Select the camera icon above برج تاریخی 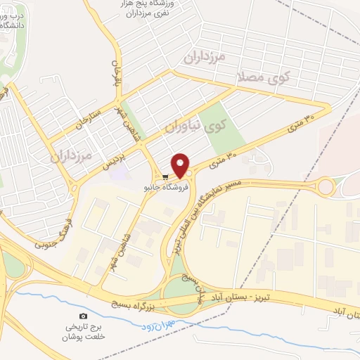pos(84,317)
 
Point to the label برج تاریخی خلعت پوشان pos(84,332)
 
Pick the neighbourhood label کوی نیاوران pos(196,127)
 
